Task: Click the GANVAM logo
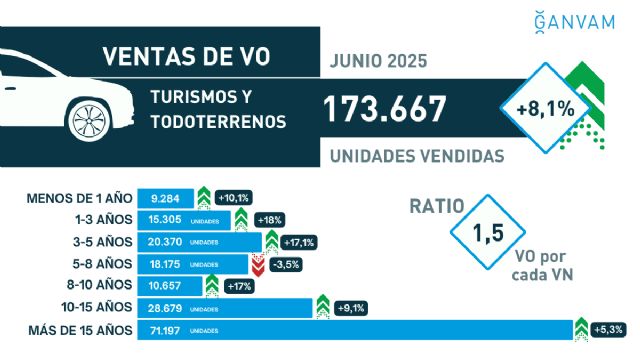point(587,21)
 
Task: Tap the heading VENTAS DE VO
point(186,56)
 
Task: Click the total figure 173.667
point(399,110)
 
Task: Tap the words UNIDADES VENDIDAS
point(416,156)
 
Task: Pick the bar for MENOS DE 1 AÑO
point(165,198)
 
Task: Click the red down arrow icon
point(258,264)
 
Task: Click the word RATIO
point(437,207)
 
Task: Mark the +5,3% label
point(613,330)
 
